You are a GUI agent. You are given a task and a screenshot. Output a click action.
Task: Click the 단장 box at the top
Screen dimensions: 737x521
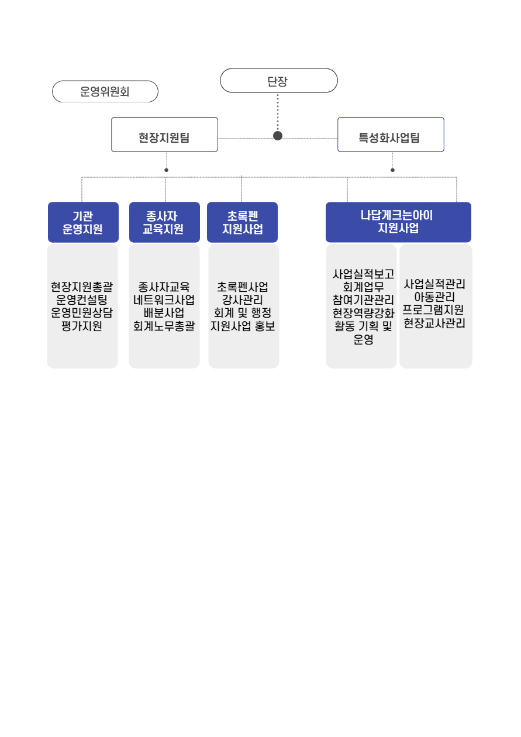(278, 81)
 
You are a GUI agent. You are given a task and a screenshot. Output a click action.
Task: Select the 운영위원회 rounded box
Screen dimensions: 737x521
(105, 91)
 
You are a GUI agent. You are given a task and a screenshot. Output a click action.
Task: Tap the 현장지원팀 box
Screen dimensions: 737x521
(164, 135)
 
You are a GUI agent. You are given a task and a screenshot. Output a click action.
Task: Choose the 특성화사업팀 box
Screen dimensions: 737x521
(391, 135)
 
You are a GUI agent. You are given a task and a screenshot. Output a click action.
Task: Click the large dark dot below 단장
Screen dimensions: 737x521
(278, 136)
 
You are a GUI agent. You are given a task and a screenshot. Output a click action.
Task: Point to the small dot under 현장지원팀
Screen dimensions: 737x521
(167, 170)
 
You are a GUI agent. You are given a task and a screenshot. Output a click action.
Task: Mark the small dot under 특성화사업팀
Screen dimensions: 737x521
(392, 170)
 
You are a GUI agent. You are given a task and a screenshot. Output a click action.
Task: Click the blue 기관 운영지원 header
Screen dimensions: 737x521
(83, 222)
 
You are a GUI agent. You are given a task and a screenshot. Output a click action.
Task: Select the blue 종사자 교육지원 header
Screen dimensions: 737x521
(164, 222)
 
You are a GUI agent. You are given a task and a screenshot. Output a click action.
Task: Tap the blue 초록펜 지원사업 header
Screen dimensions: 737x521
(242, 222)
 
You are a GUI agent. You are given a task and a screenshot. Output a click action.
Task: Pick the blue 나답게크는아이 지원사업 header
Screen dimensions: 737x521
(398, 222)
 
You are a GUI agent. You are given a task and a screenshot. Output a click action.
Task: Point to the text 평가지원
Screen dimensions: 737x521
(82, 326)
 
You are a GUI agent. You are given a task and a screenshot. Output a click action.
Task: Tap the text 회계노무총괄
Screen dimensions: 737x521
(164, 326)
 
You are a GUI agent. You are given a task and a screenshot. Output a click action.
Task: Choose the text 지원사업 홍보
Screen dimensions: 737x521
(243, 326)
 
